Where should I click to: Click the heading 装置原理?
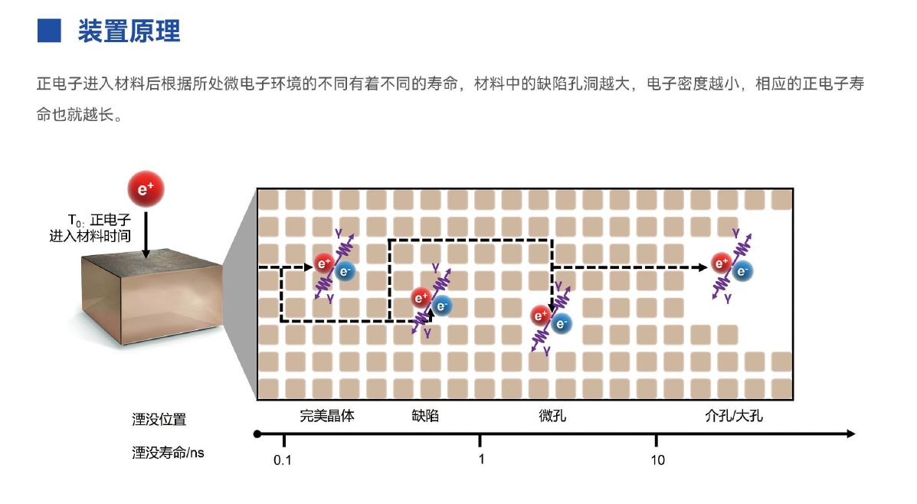point(129,31)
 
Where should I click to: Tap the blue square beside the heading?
point(49,31)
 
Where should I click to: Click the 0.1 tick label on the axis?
point(283,460)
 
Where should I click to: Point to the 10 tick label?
point(657,460)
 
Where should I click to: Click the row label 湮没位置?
point(159,419)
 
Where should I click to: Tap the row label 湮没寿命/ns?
point(168,453)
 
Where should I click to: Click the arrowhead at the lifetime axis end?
point(850,434)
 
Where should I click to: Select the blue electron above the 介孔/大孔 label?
point(742,270)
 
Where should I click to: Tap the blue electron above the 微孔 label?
point(562,323)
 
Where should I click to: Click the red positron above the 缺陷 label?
point(421,298)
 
